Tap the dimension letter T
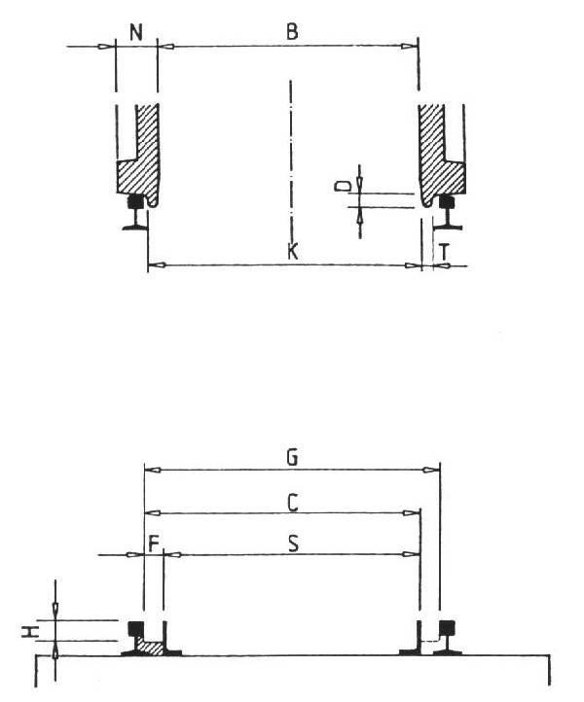tap(444, 251)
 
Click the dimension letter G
tap(290, 455)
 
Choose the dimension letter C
tap(290, 500)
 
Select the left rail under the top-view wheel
tap(136, 216)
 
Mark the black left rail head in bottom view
tap(137, 627)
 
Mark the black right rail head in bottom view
tap(447, 627)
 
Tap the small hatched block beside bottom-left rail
tap(151, 646)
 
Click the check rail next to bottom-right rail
tap(419, 637)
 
